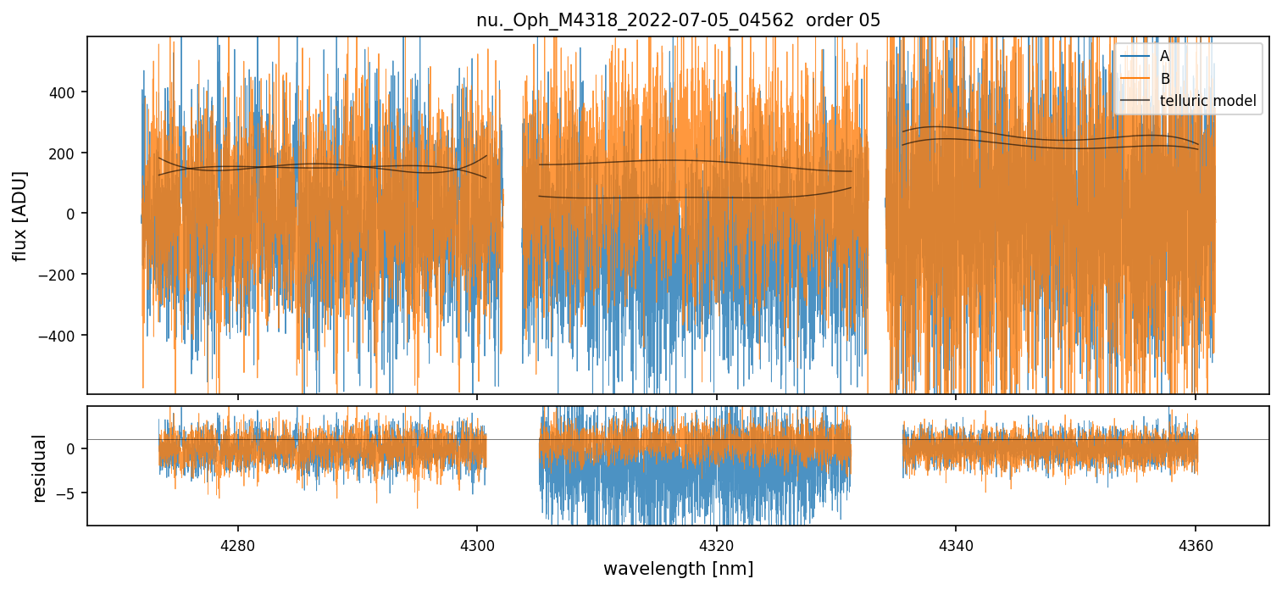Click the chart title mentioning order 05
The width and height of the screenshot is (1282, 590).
(x=678, y=20)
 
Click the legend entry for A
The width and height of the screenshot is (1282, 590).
(x=1165, y=56)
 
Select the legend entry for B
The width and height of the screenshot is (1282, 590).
(x=1165, y=79)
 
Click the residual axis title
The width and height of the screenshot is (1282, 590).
(x=39, y=467)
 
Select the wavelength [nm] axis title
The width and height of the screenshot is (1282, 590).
(x=678, y=568)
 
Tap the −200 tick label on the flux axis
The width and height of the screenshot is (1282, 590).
(x=62, y=275)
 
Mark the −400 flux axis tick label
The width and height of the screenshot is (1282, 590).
(x=62, y=336)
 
